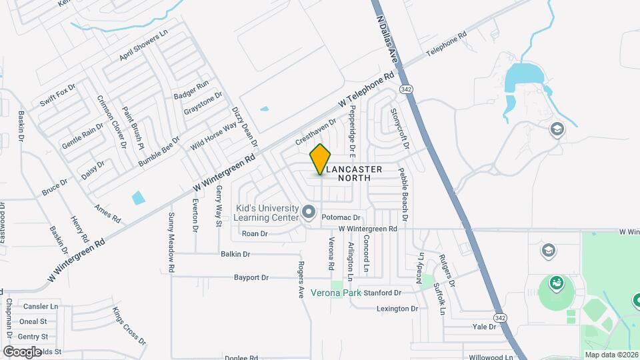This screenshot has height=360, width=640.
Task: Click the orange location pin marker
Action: click(x=321, y=159)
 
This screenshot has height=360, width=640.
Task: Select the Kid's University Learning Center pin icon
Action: click(x=308, y=212)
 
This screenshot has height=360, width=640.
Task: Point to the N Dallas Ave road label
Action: click(x=387, y=40)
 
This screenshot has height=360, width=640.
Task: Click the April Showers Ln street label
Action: click(x=143, y=45)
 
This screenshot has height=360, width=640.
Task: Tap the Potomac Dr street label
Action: click(x=341, y=218)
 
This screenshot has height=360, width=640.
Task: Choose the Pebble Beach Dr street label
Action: click(x=403, y=194)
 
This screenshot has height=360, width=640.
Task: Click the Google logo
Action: click(x=23, y=351)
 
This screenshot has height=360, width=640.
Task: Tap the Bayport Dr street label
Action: click(x=251, y=277)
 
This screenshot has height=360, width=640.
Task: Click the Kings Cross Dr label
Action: click(x=129, y=325)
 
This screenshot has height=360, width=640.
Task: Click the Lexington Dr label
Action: click(x=397, y=309)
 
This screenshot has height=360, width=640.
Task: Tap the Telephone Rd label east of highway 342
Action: click(x=444, y=45)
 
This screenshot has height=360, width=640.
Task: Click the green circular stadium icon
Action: click(x=556, y=283)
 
